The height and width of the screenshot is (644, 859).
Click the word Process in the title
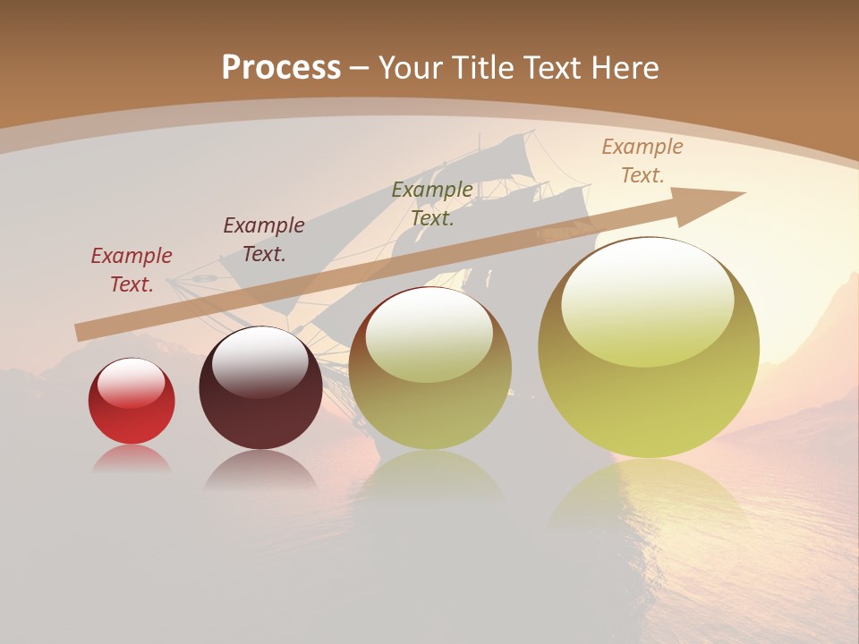point(281,68)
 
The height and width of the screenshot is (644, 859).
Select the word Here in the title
point(623,68)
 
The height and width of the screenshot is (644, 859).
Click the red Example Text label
point(132,270)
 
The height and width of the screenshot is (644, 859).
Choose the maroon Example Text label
point(263,240)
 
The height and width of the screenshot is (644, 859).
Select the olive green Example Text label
point(432,204)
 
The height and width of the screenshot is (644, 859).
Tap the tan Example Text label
point(642,161)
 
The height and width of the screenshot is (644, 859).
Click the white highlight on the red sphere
point(131,383)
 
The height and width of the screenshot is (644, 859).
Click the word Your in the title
point(413,68)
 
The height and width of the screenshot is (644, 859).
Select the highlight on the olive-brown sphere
point(429,335)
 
